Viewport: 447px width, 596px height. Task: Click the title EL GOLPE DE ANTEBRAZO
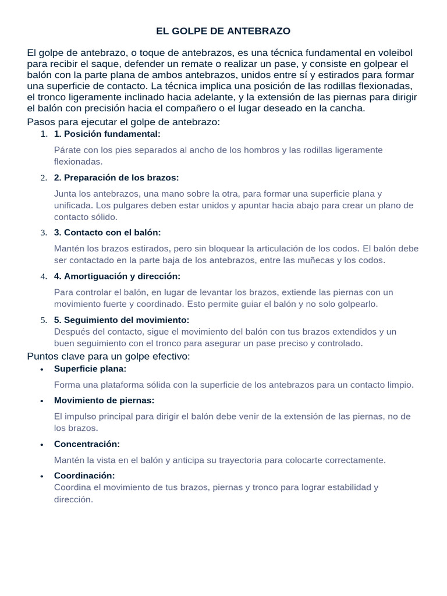[x=223, y=31]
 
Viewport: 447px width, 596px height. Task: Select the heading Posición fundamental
[x=107, y=134]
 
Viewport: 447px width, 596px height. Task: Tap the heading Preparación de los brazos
[x=116, y=178]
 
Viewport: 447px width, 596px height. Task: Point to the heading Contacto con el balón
[x=108, y=232]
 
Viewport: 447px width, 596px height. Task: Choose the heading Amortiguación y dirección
[x=117, y=276]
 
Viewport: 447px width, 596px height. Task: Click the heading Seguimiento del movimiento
[x=122, y=320]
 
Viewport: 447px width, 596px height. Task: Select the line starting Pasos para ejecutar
[x=123, y=122]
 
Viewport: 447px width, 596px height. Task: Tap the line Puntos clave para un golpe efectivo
[x=109, y=356]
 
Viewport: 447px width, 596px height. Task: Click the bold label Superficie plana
[x=90, y=368]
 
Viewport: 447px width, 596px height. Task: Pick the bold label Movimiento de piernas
[x=104, y=400]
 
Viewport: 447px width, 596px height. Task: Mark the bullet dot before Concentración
[x=42, y=445]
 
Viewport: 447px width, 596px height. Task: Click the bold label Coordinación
[x=84, y=476]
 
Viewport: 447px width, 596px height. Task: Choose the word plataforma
[x=114, y=385]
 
